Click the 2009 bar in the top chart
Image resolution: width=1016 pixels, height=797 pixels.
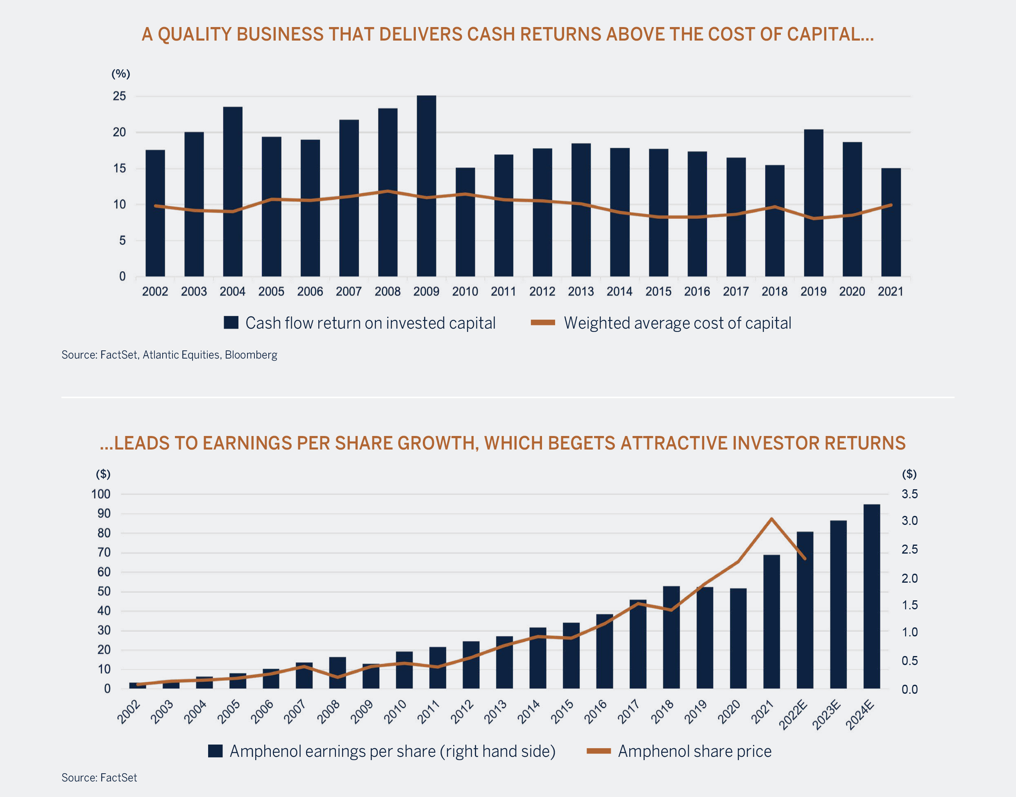click(x=426, y=187)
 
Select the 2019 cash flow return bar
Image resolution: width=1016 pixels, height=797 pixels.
click(x=814, y=203)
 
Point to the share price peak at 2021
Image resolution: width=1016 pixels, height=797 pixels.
click(x=771, y=519)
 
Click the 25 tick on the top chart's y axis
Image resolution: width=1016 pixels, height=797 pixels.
click(x=119, y=96)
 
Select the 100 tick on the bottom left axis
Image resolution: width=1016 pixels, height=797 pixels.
click(x=101, y=494)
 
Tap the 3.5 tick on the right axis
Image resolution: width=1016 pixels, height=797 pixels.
click(x=909, y=494)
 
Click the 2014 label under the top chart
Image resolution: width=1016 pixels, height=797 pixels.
click(x=619, y=292)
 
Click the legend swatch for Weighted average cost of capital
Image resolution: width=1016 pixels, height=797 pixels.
click(x=542, y=322)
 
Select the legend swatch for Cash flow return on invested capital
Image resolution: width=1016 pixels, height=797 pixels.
click(x=231, y=322)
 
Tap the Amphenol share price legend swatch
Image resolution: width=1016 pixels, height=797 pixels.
click(x=599, y=751)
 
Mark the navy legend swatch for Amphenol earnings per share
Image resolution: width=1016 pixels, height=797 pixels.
click(x=215, y=751)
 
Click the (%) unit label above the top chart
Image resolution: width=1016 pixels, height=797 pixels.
click(x=121, y=74)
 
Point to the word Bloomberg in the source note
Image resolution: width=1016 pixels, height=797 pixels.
click(x=251, y=355)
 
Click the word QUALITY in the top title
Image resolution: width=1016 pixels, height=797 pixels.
click(x=193, y=34)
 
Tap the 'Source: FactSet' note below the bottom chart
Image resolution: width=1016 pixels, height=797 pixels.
click(x=100, y=778)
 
